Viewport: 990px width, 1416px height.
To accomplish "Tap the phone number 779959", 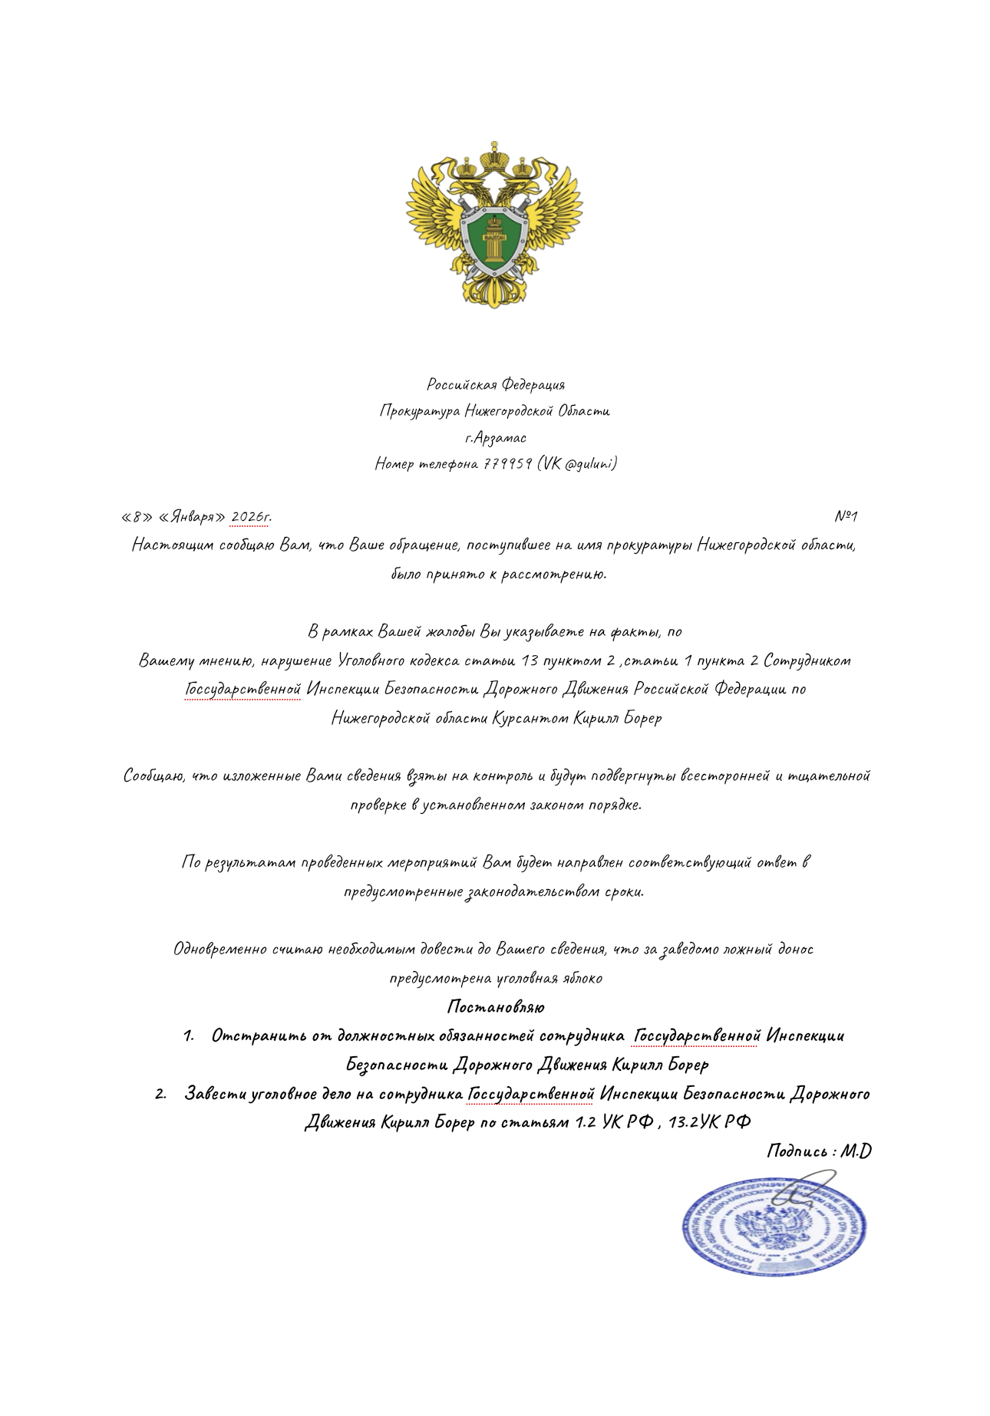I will click(x=507, y=464).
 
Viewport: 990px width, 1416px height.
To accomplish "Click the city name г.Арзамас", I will click(x=495, y=438).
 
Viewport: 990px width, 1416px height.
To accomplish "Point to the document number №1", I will click(x=845, y=516).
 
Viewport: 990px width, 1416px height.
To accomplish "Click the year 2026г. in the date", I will click(x=250, y=517).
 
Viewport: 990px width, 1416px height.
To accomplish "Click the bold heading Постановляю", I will click(x=496, y=1006).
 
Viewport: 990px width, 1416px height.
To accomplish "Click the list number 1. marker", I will click(x=189, y=1036).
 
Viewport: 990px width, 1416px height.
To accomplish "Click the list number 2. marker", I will click(x=160, y=1094).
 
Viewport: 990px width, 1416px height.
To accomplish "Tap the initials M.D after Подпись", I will click(x=856, y=1151).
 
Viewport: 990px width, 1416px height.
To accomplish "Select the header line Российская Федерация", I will click(x=496, y=384).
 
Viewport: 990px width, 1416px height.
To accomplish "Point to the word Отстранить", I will click(x=259, y=1036).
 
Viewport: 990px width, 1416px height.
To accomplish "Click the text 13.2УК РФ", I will click(x=709, y=1122).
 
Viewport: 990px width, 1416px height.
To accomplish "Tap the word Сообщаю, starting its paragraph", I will click(x=154, y=776).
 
